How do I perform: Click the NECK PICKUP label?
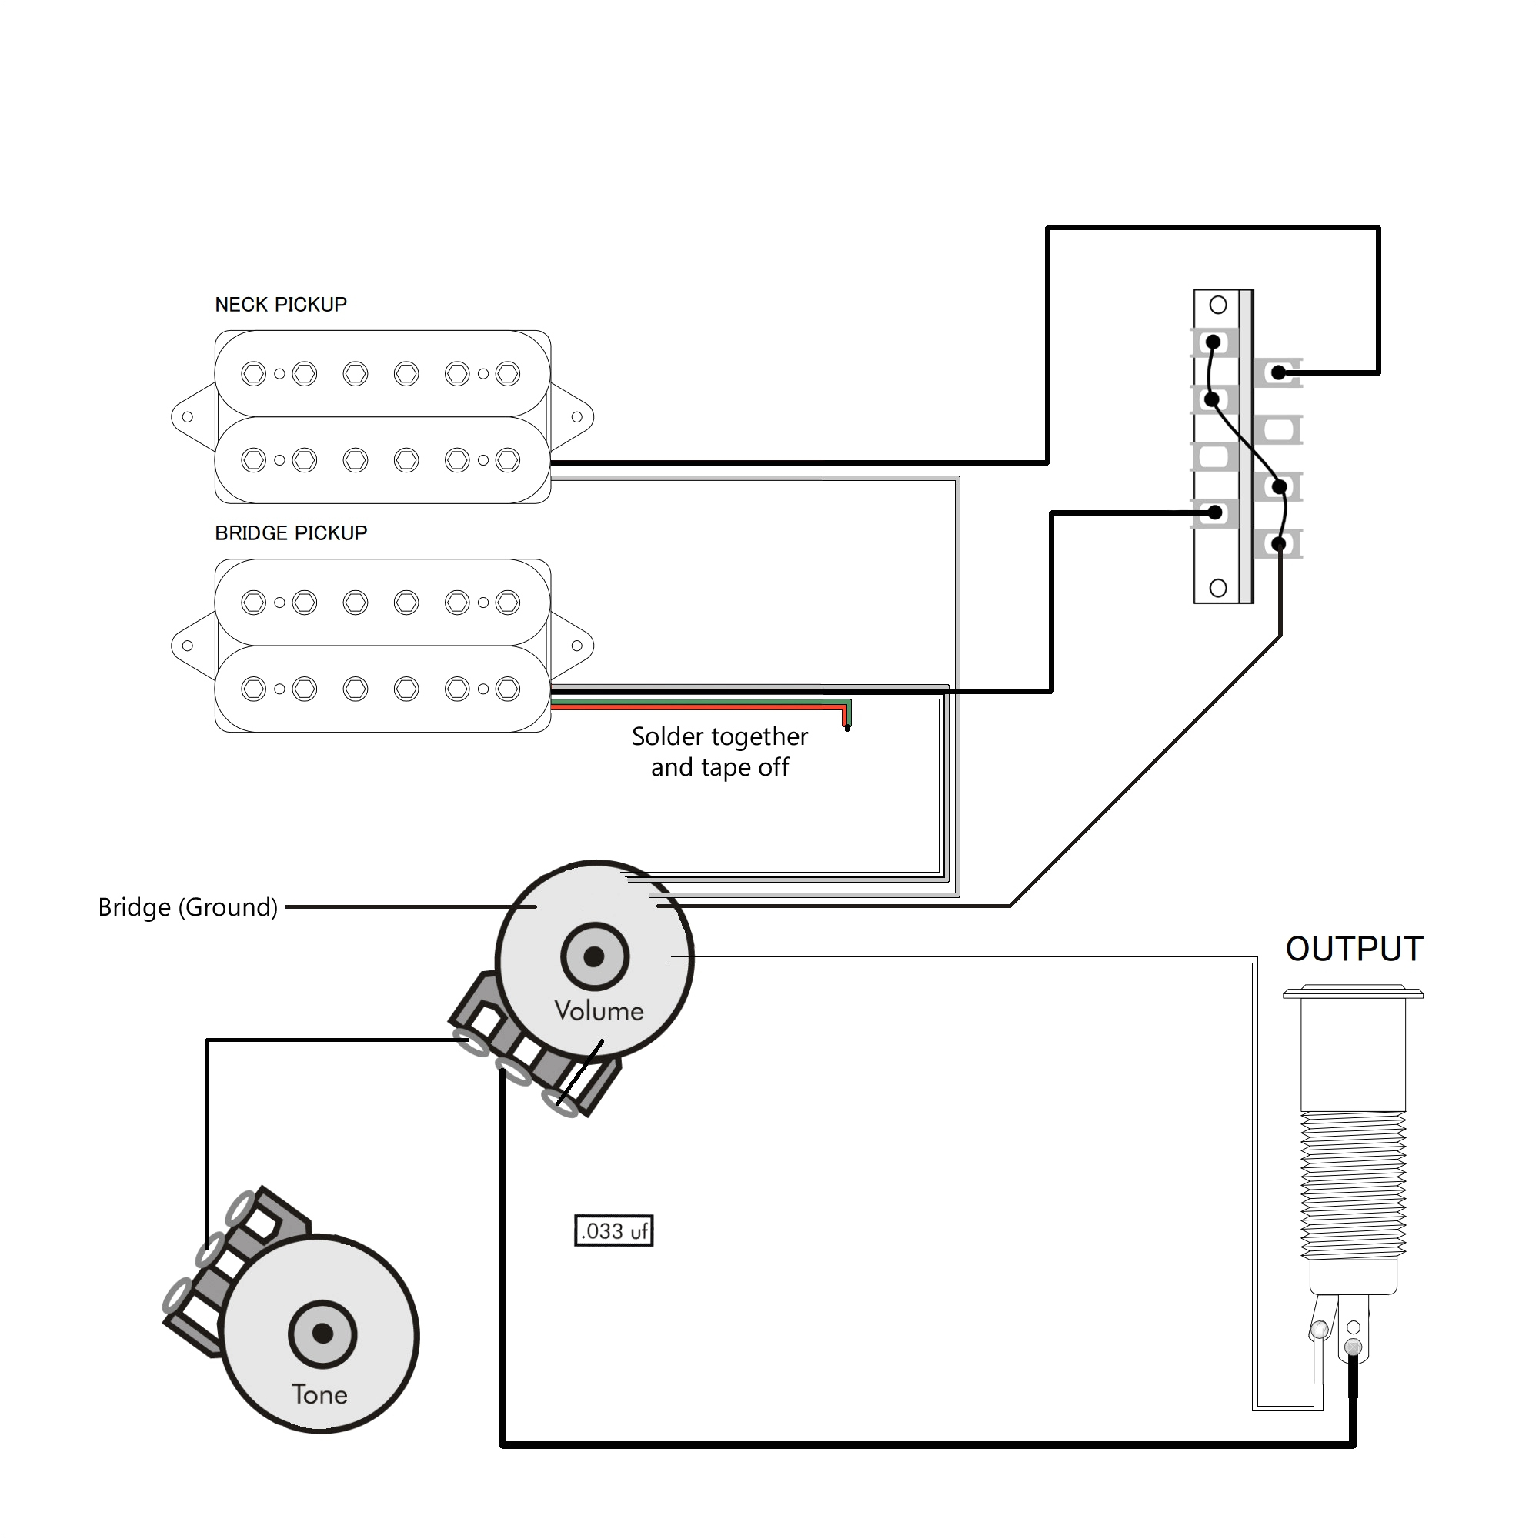coord(280,304)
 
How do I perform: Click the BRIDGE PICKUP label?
coord(291,533)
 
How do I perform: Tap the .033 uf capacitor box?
coord(613,1230)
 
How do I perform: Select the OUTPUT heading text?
coord(1354,949)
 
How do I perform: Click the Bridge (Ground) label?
coord(188,907)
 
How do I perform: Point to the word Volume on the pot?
coord(599,1011)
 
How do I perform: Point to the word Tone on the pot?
coord(319,1394)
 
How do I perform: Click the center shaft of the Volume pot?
coord(594,956)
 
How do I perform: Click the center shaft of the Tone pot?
coord(322,1334)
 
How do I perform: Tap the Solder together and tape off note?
coord(719,751)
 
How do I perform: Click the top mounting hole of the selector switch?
coord(1218,304)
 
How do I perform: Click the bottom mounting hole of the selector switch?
coord(1218,588)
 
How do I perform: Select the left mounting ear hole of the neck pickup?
coord(187,416)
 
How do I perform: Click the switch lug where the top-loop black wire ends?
coord(1277,372)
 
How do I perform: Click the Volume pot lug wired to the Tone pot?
coord(472,1040)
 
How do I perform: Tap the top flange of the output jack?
coord(1353,993)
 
